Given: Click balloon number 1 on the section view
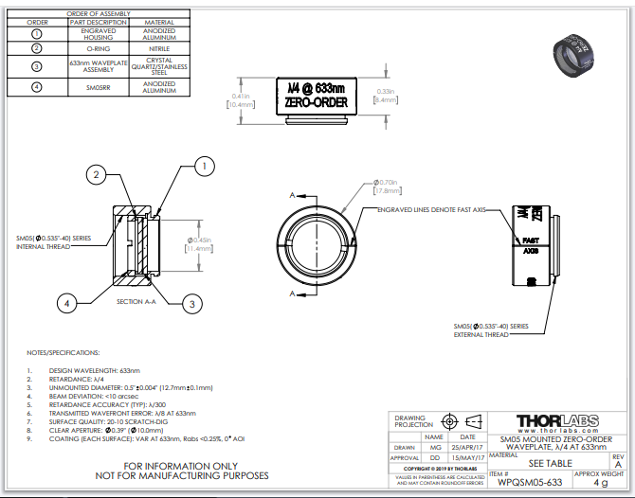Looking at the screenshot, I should click(202, 166).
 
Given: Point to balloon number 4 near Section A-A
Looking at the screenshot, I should click(66, 303).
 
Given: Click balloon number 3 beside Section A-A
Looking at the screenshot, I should click(192, 303).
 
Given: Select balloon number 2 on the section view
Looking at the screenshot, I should click(96, 172).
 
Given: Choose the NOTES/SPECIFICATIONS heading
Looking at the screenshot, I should click(63, 351).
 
